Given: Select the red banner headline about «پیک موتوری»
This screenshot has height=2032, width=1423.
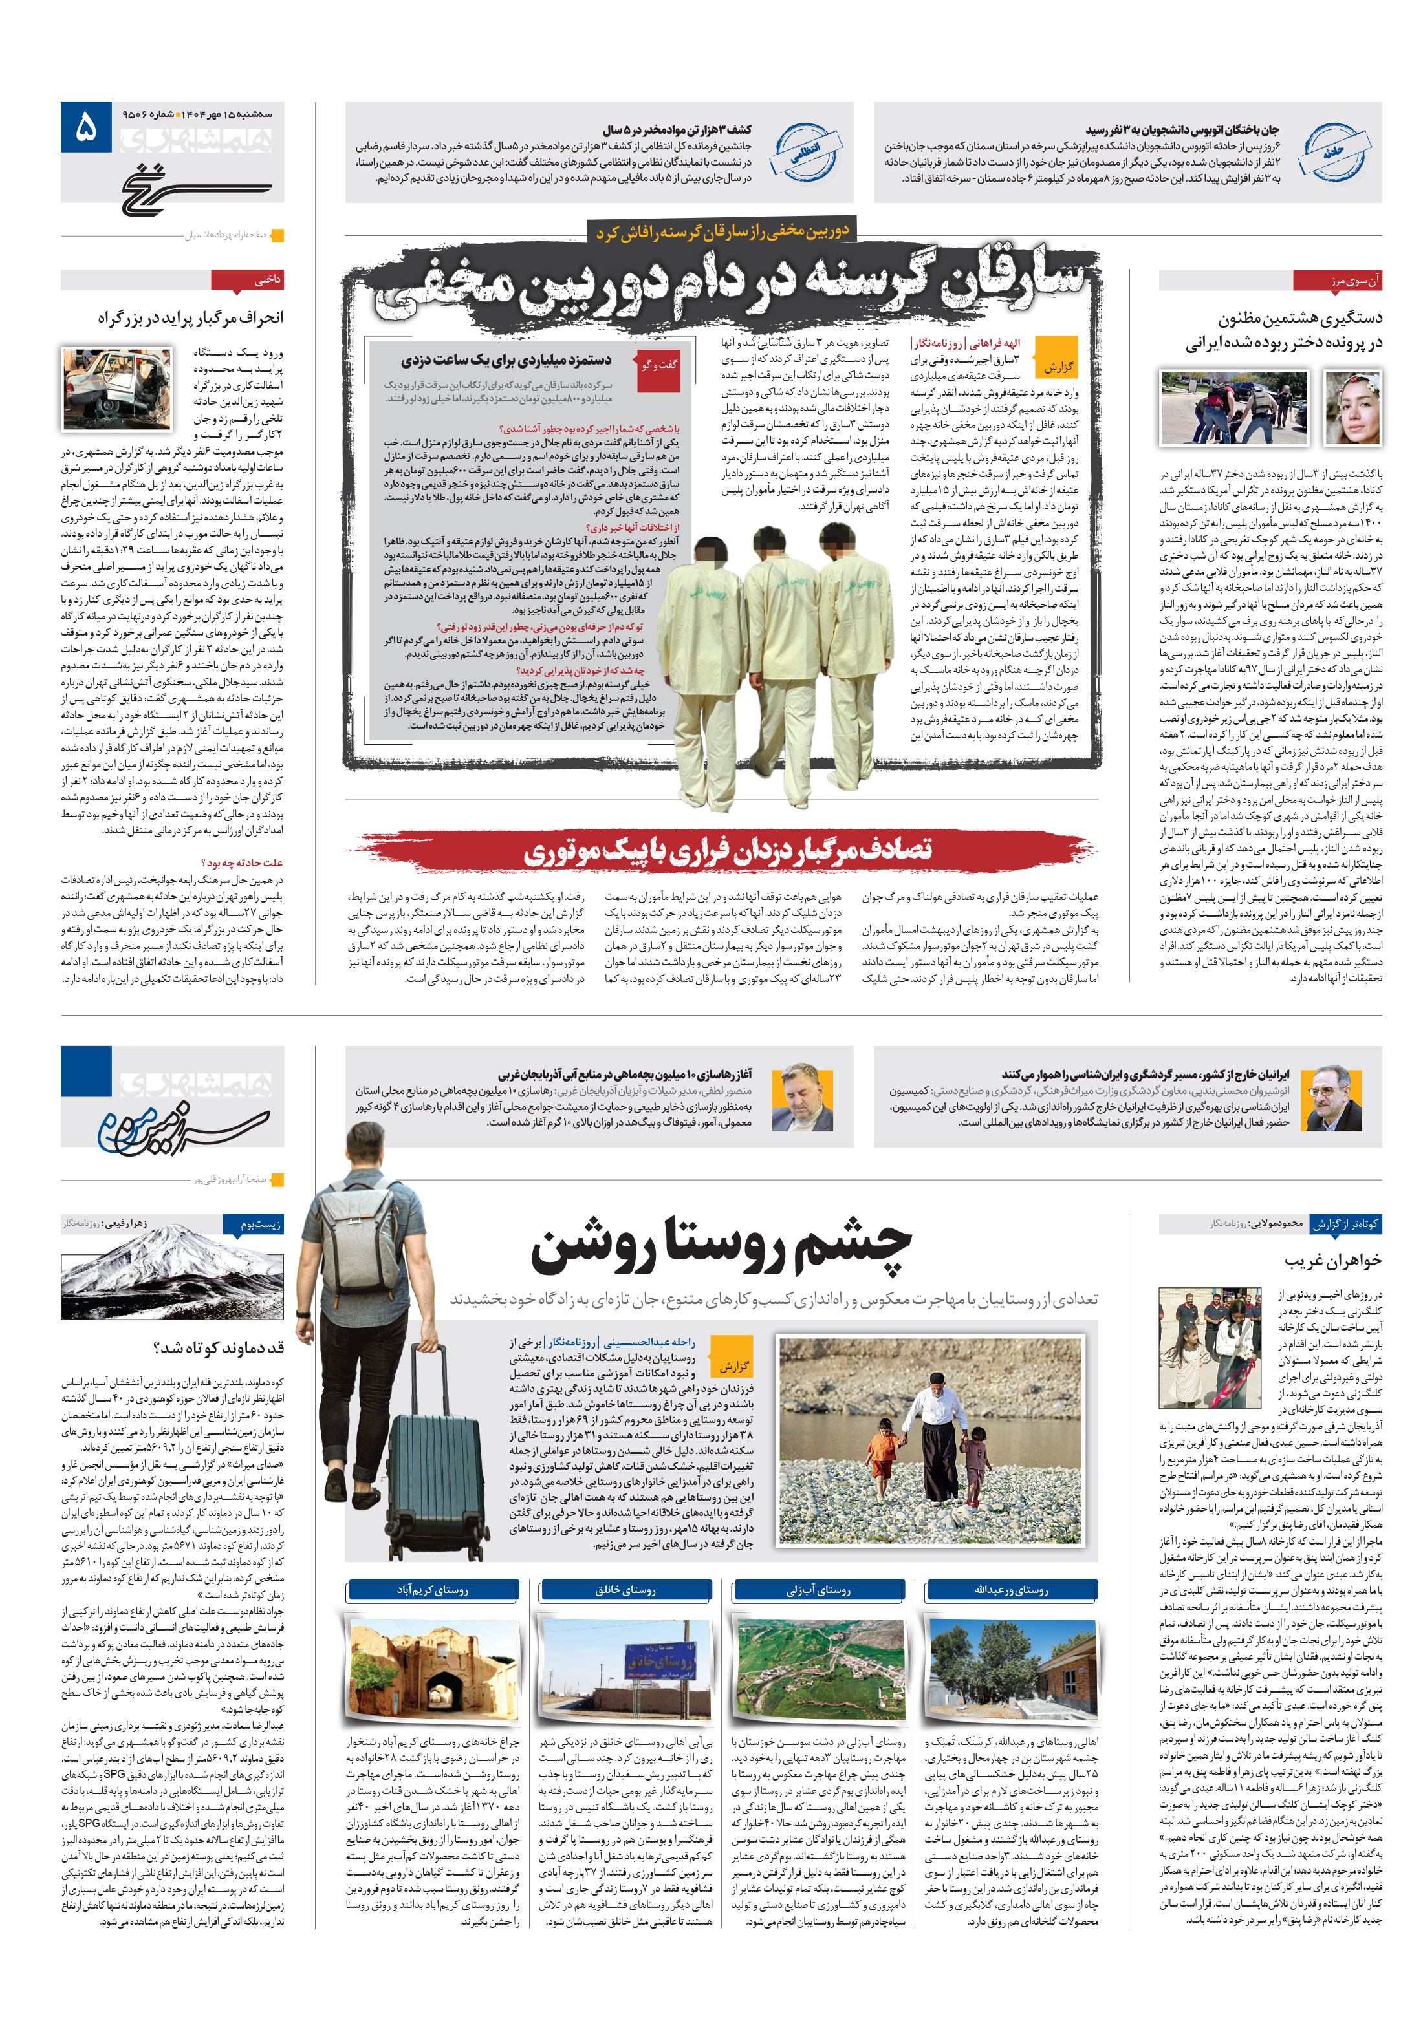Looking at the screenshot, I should [x=726, y=851].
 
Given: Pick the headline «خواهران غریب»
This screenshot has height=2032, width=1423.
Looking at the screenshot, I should [x=1332, y=1260].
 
